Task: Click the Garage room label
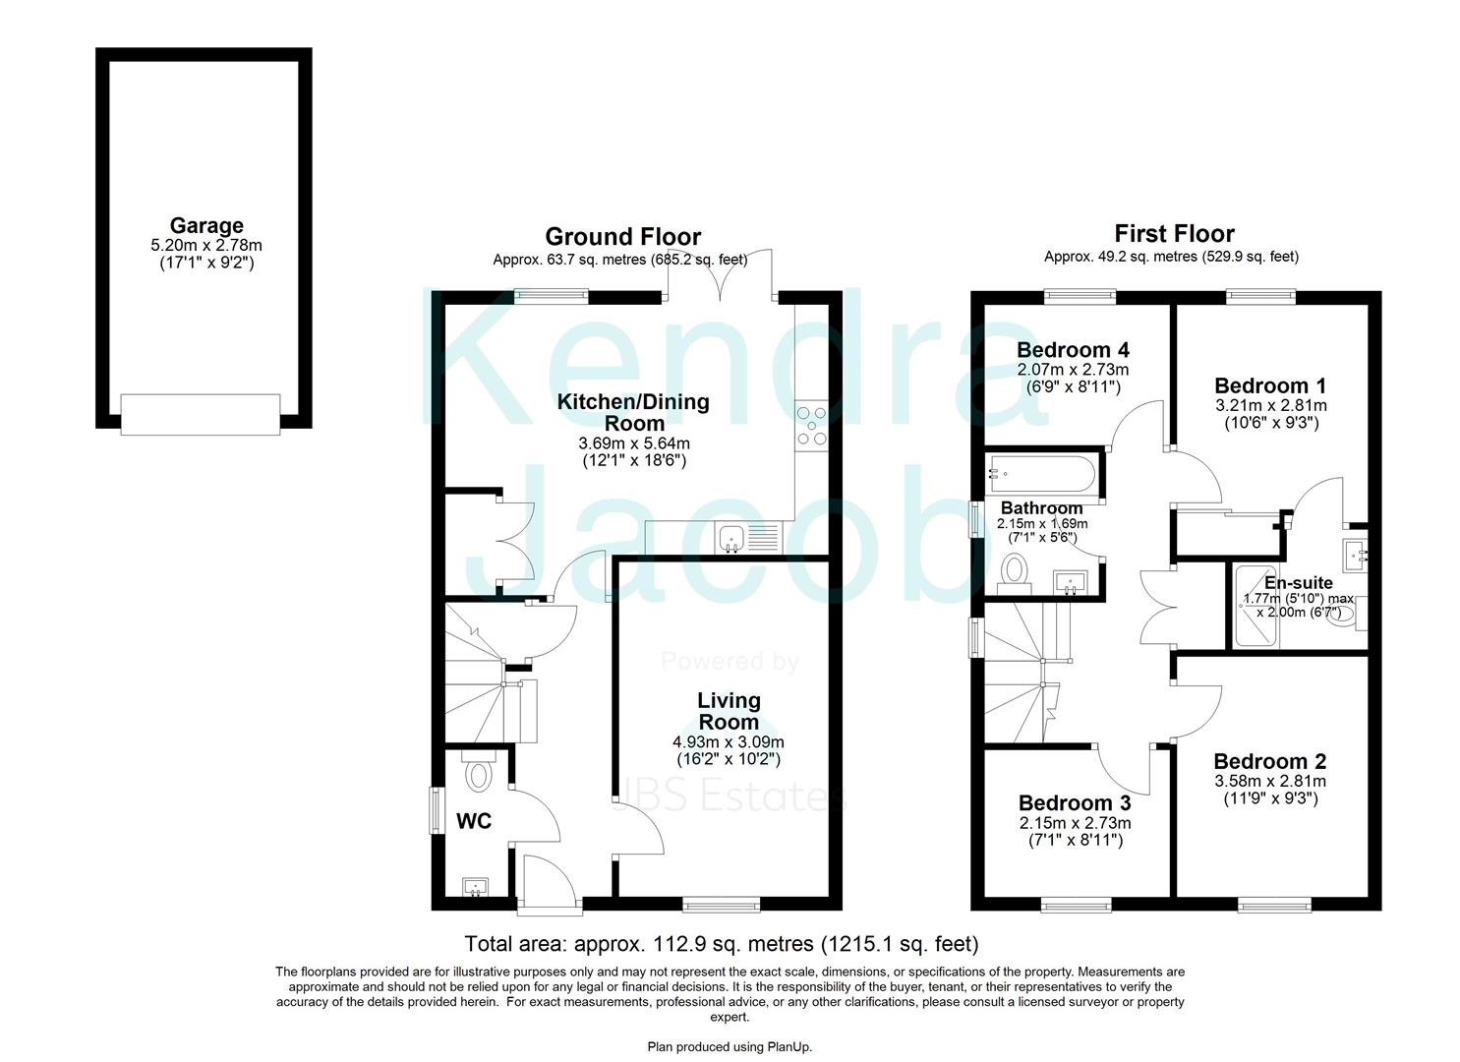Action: (206, 225)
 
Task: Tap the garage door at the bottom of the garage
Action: (201, 414)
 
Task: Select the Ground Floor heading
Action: (622, 236)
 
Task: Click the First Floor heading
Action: (1174, 233)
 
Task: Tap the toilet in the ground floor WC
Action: (479, 771)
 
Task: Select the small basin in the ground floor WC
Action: (475, 887)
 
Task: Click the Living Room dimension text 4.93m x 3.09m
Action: (729, 741)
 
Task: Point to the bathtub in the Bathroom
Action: (1042, 474)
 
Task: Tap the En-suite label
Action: (1299, 583)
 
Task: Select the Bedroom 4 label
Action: (1073, 350)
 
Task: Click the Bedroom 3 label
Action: (1075, 802)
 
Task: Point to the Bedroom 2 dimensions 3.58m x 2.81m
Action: (1269, 781)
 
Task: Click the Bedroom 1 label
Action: (1270, 385)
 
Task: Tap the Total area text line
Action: (721, 943)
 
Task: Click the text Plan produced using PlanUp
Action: (730, 1047)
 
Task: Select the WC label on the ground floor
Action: (474, 821)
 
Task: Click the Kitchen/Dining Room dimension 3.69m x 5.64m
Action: (634, 443)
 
